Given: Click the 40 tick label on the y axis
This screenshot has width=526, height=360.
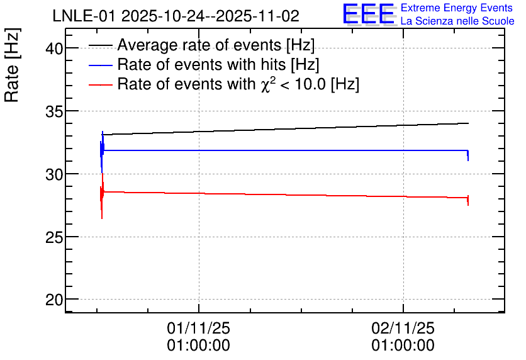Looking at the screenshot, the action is (x=54, y=48).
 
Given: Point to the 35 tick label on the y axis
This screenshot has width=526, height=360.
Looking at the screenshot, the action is (x=54, y=112).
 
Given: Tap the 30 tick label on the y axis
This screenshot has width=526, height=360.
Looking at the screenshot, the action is (x=54, y=174).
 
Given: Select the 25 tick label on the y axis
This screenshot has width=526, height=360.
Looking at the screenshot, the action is (x=54, y=237).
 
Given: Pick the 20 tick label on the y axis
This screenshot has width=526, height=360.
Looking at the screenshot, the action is (x=54, y=300).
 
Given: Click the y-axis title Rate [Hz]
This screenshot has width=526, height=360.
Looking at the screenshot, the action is (x=12, y=65).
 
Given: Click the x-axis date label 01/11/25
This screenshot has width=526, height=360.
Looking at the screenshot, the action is (x=199, y=328).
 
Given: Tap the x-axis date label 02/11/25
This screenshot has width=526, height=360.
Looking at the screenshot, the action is (x=403, y=328).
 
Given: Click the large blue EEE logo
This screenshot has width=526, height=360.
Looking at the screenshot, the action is (x=369, y=14).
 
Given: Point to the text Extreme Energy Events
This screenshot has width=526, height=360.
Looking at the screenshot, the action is (x=457, y=8).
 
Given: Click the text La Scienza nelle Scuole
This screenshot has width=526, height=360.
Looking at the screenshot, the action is (x=457, y=21).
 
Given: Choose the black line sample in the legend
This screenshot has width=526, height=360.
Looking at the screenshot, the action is (x=101, y=45).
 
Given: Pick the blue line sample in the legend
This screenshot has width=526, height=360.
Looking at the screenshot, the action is (x=101, y=65).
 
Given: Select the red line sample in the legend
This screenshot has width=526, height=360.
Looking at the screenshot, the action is (x=101, y=84).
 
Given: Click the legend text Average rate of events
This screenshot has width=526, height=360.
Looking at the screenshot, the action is (x=199, y=45).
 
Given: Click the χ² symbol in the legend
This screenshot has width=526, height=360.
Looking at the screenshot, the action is (x=266, y=84).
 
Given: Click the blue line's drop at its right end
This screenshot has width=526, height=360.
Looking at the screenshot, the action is (x=468, y=155).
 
